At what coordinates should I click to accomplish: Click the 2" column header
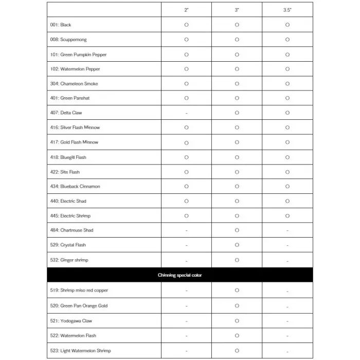click(186, 10)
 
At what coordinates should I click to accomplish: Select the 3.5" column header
click(287, 10)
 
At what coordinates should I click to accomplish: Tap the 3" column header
click(237, 10)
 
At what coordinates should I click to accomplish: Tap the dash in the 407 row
click(186, 113)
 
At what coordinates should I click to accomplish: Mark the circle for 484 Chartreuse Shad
click(237, 230)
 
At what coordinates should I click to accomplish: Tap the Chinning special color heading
click(180, 275)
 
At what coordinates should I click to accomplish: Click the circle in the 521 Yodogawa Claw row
click(237, 320)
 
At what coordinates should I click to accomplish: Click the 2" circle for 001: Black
click(186, 25)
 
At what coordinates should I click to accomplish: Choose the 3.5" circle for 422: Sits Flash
click(287, 171)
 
